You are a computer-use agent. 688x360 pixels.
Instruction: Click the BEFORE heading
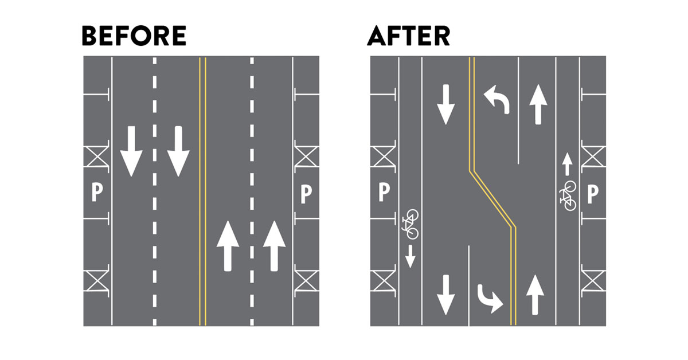134,36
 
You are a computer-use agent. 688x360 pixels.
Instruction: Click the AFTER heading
408,36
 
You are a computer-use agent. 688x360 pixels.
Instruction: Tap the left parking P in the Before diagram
97,192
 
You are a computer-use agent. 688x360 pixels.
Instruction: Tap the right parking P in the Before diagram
306,194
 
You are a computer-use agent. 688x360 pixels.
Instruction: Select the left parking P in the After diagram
384,192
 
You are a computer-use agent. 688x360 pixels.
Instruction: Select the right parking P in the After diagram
593,194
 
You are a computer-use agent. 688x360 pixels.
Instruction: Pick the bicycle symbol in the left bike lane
411,224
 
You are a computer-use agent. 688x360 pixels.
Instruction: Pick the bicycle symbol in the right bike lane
568,196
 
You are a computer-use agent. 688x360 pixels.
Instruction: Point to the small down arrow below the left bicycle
411,256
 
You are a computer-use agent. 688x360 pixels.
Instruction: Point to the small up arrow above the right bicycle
567,165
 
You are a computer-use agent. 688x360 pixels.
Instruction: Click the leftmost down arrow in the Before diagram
131,151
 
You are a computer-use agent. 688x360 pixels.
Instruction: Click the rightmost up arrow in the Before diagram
274,246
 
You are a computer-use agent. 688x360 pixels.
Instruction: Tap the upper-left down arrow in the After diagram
445,104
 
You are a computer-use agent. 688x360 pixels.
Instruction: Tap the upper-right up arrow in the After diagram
538,104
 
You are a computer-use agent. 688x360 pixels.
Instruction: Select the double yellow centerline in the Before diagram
202,191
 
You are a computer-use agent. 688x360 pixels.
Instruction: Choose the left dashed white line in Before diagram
154,191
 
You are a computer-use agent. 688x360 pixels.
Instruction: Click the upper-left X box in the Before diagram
96,156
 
